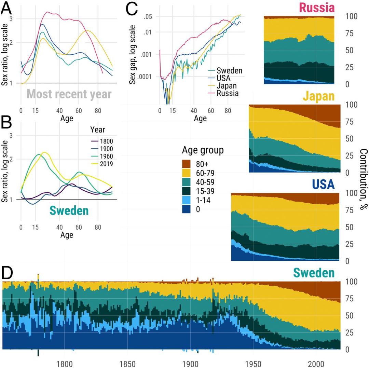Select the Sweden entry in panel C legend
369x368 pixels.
point(227,71)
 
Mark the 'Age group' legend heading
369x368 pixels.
point(203,150)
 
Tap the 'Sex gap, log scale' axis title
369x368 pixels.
point(134,51)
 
